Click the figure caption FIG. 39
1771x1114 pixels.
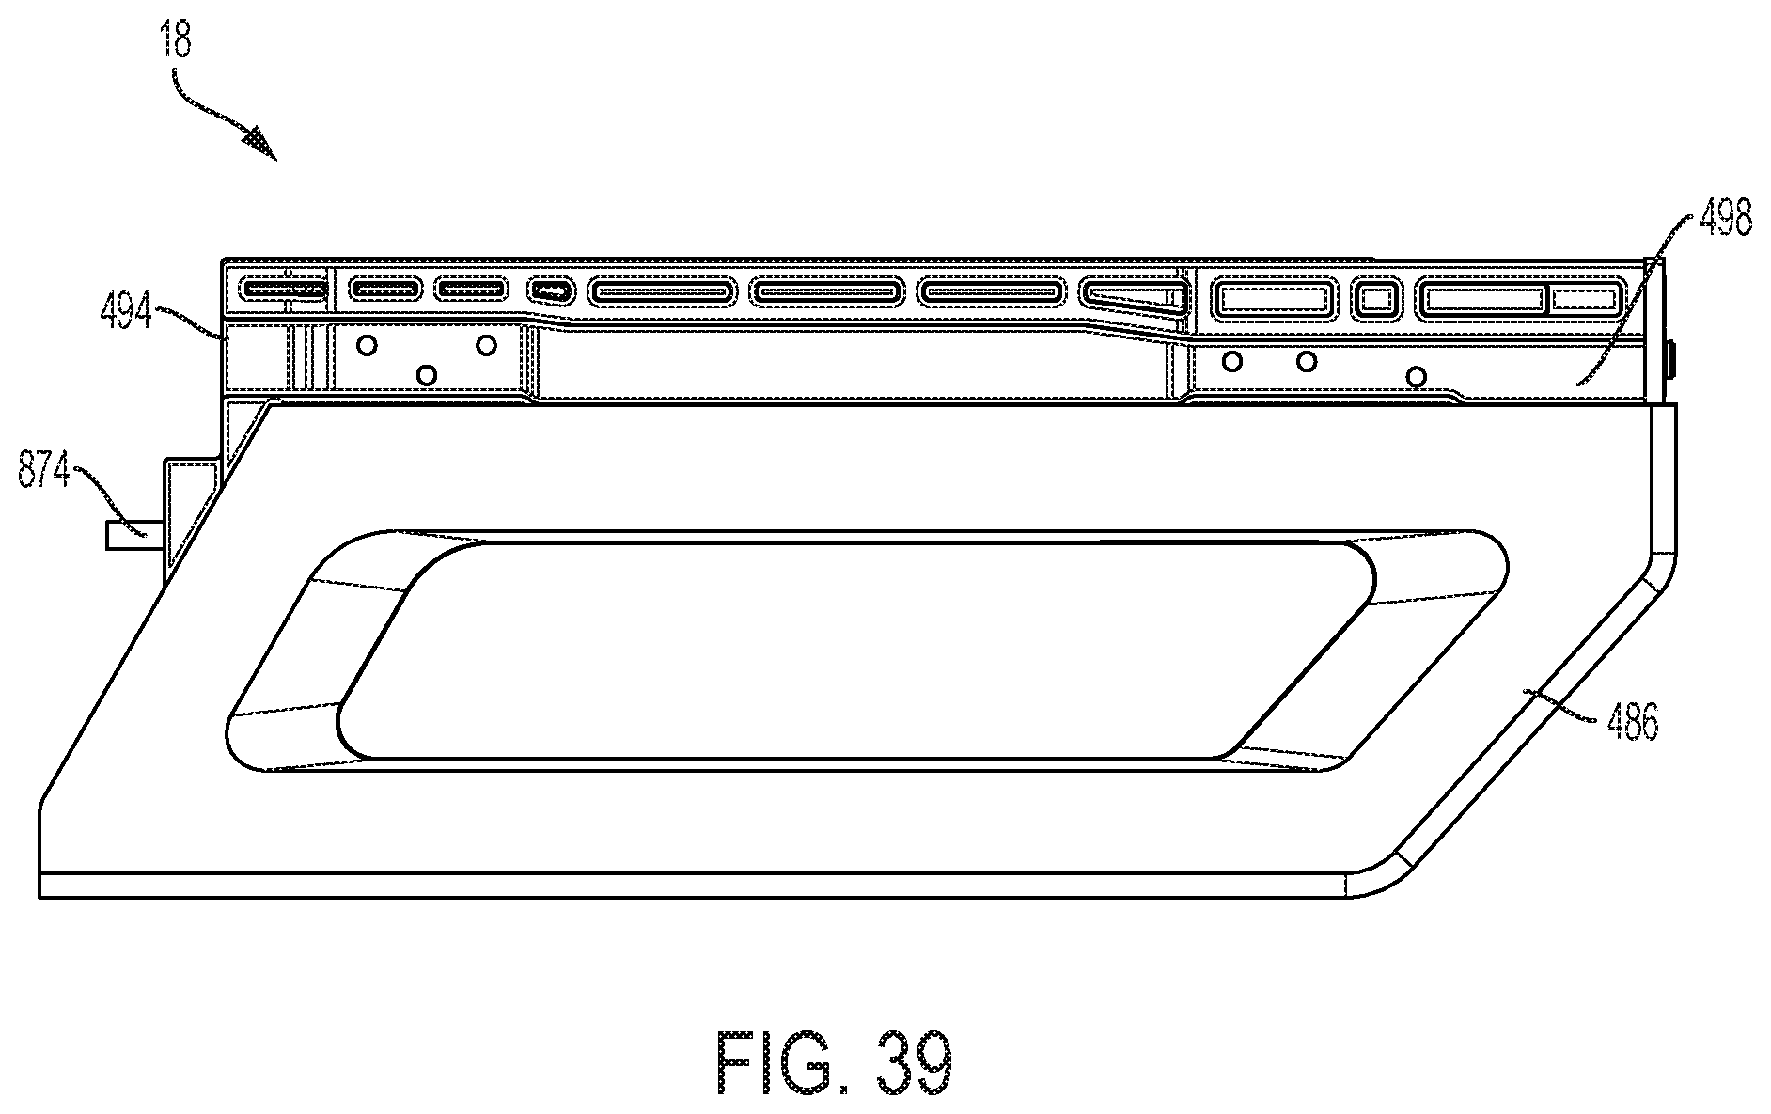835,1062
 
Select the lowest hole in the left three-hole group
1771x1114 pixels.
426,375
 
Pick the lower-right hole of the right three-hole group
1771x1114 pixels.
1416,377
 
